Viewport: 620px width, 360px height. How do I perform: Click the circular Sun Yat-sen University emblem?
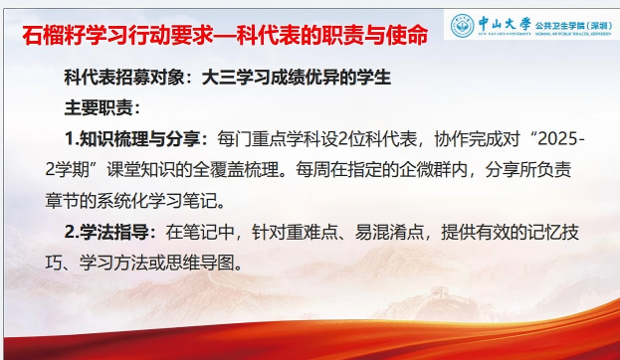pos(462,25)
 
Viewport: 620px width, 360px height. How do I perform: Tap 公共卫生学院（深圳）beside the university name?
pos(574,26)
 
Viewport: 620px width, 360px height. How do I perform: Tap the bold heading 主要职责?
pos(99,107)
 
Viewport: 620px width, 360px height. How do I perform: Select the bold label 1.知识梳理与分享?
pos(133,139)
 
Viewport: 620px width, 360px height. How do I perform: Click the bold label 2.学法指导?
pos(106,232)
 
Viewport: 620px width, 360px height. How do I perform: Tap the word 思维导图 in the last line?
pos(201,263)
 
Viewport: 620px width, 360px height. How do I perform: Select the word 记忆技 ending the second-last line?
pos(553,232)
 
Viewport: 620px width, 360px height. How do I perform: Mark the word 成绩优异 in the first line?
pos(305,77)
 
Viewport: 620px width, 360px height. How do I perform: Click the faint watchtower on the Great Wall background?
pos(438,294)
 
